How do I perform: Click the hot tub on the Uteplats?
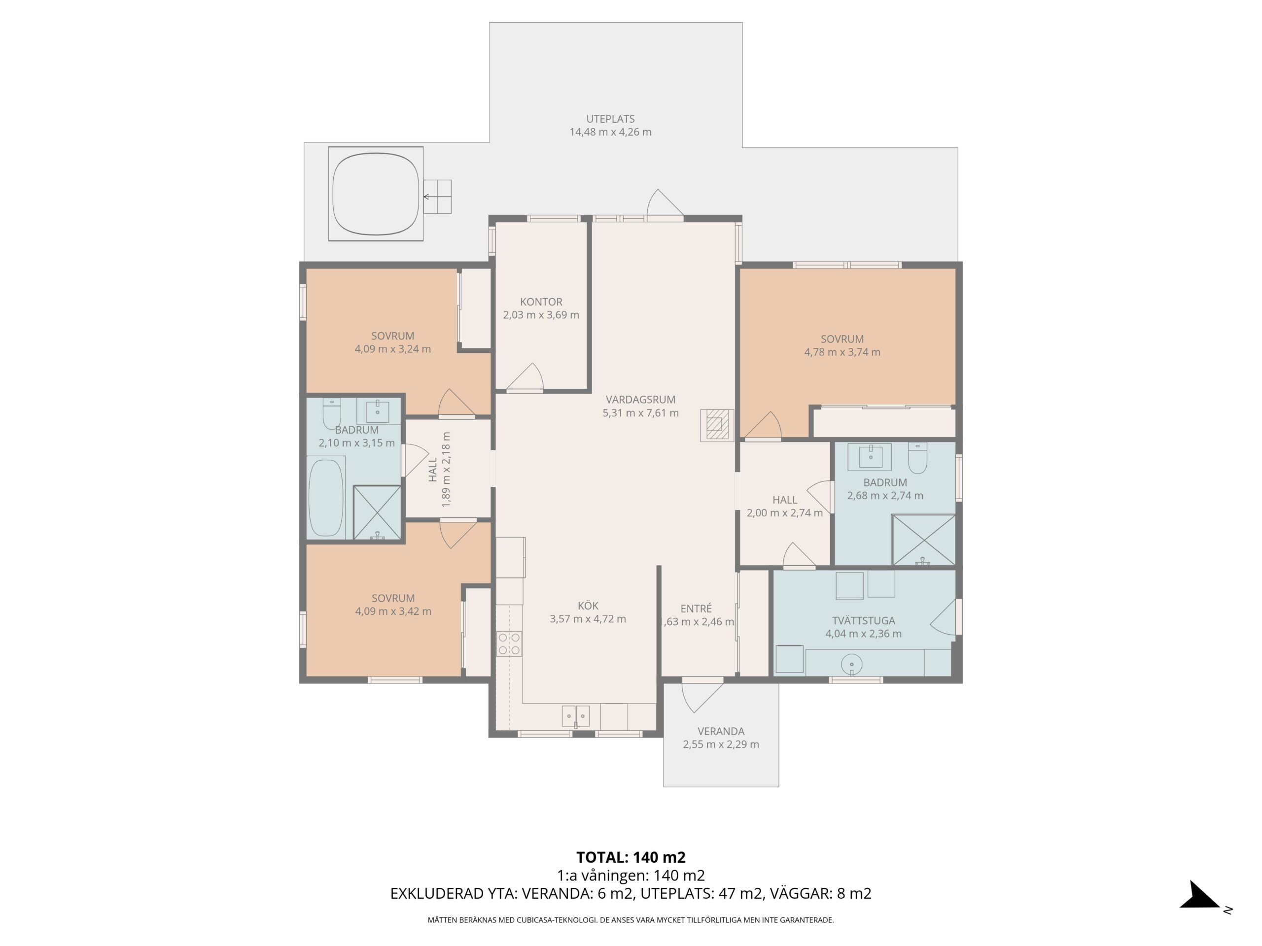(376, 194)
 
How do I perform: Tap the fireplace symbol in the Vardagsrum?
(717, 425)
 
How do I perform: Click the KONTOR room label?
(541, 302)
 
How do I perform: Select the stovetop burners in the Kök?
(509, 643)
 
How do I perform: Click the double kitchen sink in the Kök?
(576, 715)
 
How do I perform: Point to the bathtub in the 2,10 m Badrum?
(326, 498)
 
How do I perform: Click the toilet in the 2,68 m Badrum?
(917, 458)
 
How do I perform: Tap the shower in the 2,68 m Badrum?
(923, 540)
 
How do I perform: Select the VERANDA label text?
(721, 731)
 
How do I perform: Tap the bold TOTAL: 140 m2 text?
(631, 857)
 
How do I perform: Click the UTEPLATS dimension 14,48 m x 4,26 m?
(610, 132)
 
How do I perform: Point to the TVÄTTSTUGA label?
(863, 620)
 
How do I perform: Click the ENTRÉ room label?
(696, 608)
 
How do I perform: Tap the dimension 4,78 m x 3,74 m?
(842, 352)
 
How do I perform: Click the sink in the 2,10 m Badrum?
(377, 411)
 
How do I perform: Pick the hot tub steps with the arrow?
(438, 197)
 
